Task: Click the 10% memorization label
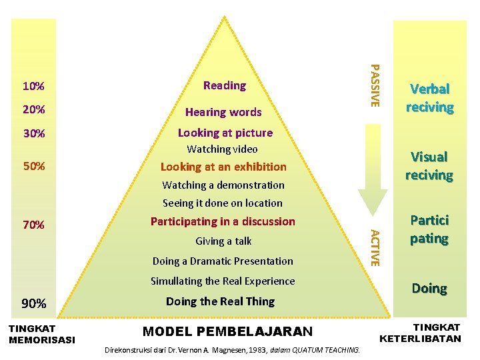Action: (33, 86)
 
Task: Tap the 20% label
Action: (33, 109)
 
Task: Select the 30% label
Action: (33, 133)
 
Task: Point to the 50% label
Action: (33, 166)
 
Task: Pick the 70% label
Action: (33, 225)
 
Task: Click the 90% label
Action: (33, 304)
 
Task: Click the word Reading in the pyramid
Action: (225, 85)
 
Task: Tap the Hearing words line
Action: (223, 112)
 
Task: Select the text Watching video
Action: (222, 149)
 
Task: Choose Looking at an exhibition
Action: (224, 167)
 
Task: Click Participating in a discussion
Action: (223, 221)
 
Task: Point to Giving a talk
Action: (223, 241)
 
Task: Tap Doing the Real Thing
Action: (220, 301)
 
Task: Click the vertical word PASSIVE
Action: (375, 85)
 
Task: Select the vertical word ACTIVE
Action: (375, 247)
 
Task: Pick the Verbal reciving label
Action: (430, 98)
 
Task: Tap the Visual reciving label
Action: (429, 166)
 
